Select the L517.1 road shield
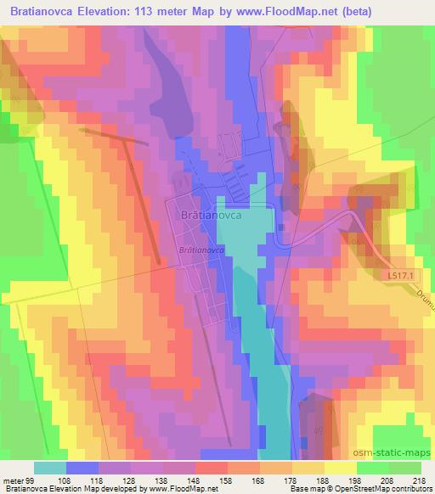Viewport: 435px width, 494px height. click(391, 278)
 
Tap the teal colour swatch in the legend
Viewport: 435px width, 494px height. click(50, 467)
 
